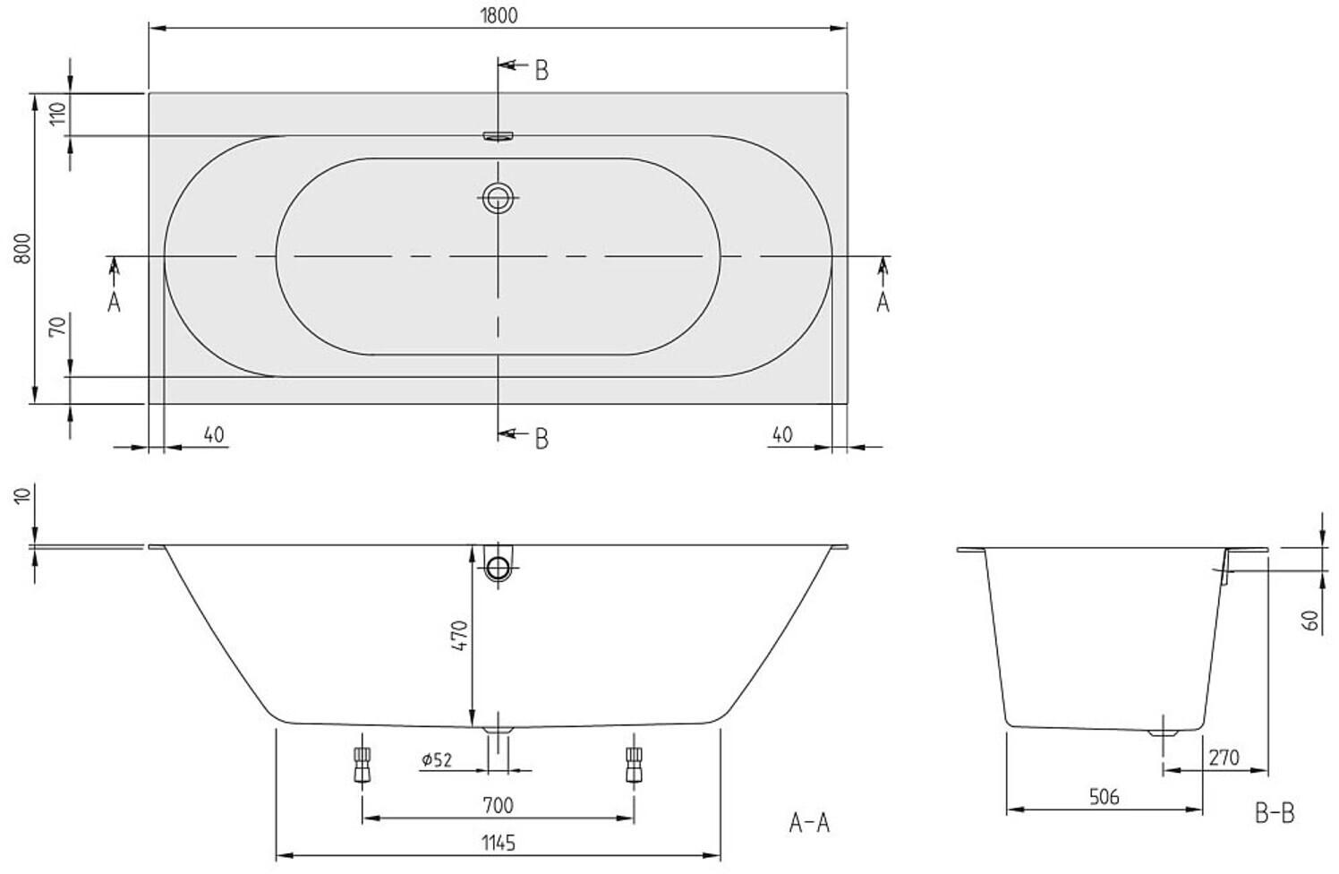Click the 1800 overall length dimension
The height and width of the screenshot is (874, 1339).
coord(498,15)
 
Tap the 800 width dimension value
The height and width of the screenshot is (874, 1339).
coord(23,248)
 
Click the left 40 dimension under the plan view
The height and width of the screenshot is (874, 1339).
coord(214,434)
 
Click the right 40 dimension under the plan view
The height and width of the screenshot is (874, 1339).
coord(781,434)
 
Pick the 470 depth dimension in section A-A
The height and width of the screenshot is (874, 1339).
coord(459,636)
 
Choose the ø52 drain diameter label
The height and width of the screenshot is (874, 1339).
coord(437,760)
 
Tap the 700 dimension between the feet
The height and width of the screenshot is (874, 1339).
coord(498,806)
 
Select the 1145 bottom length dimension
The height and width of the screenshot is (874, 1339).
coord(498,843)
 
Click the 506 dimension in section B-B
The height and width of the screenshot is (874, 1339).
coord(1104,797)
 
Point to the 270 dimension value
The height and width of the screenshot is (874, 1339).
coord(1223,758)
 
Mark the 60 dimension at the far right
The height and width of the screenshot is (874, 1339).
coord(1312,620)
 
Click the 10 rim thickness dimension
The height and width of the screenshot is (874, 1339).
coord(23,496)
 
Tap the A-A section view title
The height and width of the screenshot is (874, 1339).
coord(810,822)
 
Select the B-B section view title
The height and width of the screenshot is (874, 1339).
coord(1275,813)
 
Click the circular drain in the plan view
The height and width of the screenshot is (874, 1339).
coord(499,198)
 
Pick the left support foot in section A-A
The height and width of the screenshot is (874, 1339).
coord(362,766)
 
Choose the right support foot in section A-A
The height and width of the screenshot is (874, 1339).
coord(635,766)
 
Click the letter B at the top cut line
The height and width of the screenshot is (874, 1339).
coord(541,71)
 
